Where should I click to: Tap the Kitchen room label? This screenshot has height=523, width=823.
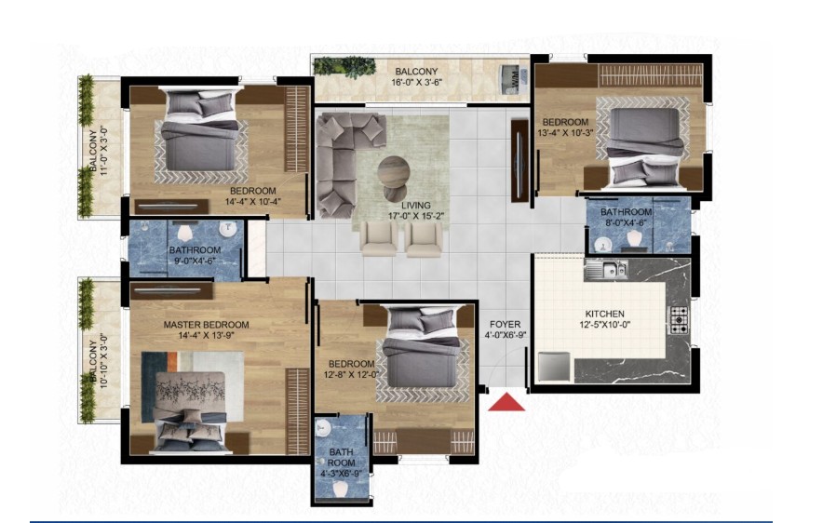(604, 314)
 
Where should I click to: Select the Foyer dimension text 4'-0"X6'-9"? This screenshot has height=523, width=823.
(505, 336)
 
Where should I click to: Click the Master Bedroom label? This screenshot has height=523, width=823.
(206, 325)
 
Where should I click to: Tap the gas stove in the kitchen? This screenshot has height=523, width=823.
(678, 319)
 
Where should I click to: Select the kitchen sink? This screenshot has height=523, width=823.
(606, 270)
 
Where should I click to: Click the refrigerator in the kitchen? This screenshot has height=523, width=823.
(554, 366)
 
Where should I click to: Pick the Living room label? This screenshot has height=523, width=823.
(416, 206)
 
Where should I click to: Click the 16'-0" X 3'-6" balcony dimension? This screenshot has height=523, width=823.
(417, 82)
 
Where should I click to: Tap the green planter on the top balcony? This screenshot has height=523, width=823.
(344, 68)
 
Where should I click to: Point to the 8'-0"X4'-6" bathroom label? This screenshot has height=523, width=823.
(626, 217)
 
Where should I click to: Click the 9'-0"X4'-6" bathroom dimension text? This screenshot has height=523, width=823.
(195, 261)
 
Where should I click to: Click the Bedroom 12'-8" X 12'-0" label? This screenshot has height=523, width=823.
(351, 369)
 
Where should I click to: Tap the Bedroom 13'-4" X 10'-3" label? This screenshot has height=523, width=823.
(565, 127)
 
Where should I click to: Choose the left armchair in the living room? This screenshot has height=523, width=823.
(378, 238)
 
